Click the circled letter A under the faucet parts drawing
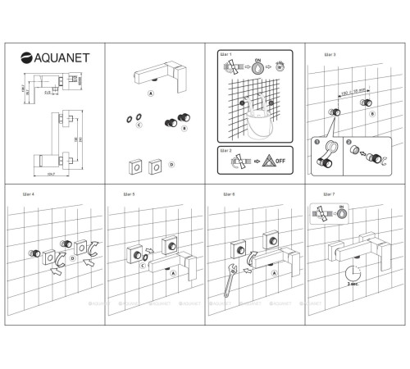(150, 94)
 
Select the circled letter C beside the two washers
(140, 125)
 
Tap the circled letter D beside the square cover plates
(171, 165)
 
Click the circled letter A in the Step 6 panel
(272, 273)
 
